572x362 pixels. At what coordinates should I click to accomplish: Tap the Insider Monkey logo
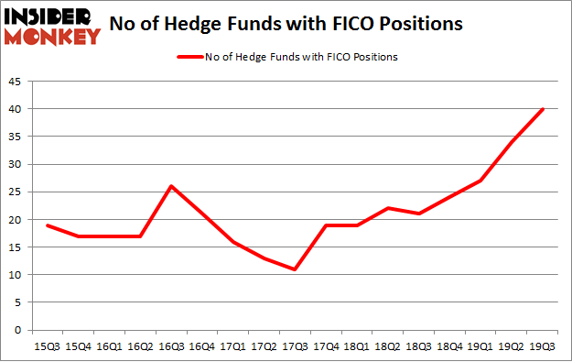point(52,25)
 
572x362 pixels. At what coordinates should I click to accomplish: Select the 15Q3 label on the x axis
point(47,345)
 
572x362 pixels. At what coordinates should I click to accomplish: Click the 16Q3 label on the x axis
point(171,345)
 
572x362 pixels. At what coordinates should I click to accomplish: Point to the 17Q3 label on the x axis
point(296,345)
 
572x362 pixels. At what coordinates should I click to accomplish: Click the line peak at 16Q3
point(171,186)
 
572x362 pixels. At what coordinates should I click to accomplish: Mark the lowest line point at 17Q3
point(296,269)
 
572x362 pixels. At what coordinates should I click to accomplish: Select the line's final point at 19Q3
point(544,109)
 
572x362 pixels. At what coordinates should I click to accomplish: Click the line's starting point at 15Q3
point(47,225)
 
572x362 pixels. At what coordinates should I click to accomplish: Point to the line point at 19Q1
point(481,181)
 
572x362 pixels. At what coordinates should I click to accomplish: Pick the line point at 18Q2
point(389,208)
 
